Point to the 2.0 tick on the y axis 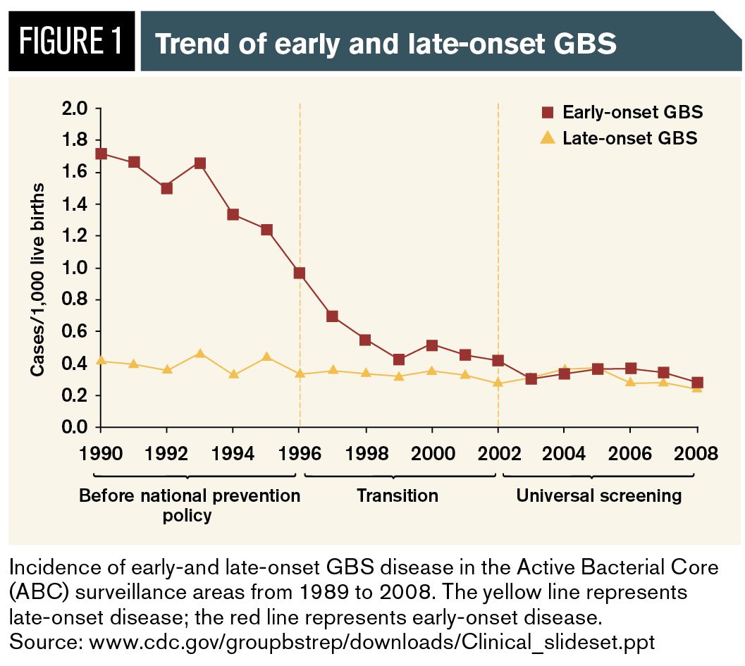75,109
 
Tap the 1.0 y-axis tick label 75,268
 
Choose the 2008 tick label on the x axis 696,453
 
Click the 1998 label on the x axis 366,453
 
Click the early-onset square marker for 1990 101,154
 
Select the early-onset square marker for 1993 200,164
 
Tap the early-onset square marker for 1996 300,273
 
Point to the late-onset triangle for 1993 200,353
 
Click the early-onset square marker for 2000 432,345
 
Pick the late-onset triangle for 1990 101,360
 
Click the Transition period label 398,495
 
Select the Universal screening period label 599,495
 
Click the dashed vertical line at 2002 498,211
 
